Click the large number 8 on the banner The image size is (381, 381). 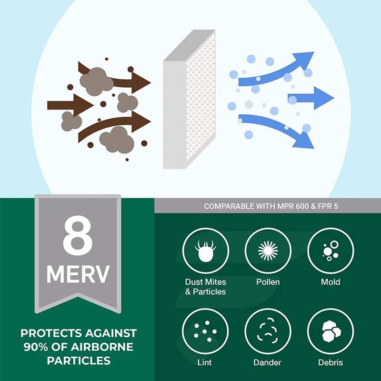tap(78, 236)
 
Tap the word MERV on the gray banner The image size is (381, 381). tap(78, 274)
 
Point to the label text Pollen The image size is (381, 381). tap(268, 282)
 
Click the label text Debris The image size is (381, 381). tap(331, 363)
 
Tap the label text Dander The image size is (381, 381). tap(268, 363)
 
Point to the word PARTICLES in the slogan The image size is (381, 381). tap(79, 361)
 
